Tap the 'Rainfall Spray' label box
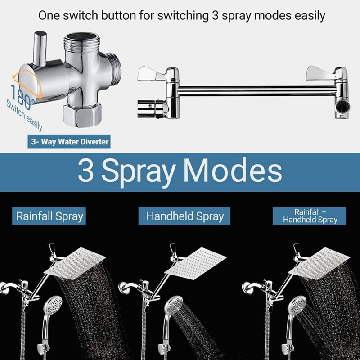49,216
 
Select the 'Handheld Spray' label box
185,216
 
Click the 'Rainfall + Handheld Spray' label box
310,216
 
